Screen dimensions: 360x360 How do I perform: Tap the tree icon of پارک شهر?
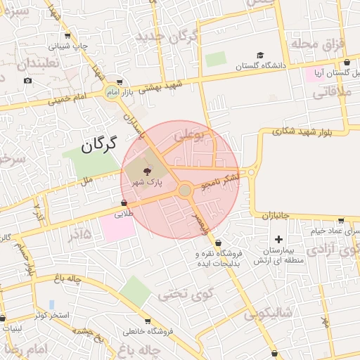click(x=148, y=171)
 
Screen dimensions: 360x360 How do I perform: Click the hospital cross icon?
click(x=278, y=239)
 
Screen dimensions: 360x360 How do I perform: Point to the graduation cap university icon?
click(x=260, y=55)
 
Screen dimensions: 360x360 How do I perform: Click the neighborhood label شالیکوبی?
click(x=268, y=314)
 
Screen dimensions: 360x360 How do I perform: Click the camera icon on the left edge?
click(x=27, y=80)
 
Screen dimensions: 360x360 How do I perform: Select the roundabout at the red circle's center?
click(x=185, y=191)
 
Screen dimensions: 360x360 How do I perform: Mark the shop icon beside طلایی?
click(x=124, y=203)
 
